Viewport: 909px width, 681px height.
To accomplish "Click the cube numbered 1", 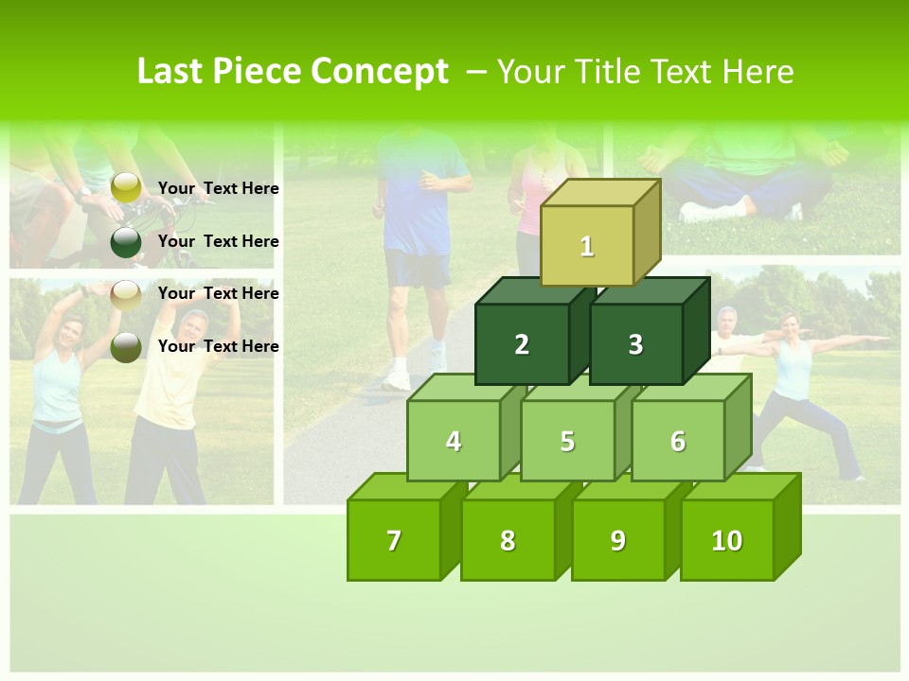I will (587, 246).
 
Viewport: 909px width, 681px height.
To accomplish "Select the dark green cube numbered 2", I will (522, 344).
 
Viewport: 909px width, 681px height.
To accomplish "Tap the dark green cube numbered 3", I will (635, 344).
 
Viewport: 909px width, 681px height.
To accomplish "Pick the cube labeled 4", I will (454, 441).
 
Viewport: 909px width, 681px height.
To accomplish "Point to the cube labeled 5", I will (567, 441).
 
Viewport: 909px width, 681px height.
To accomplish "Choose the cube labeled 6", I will (678, 441).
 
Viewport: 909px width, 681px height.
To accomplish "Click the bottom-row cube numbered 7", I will (394, 540).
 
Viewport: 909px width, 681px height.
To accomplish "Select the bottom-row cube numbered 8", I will (508, 540).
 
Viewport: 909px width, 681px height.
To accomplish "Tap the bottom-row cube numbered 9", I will (617, 540).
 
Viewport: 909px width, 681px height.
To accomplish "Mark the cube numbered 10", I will (726, 540).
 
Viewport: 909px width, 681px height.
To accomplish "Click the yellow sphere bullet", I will (126, 188).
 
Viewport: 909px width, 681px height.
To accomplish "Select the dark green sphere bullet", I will (126, 242).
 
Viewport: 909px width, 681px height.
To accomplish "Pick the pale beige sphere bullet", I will (126, 294).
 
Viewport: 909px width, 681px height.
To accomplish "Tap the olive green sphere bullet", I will (126, 347).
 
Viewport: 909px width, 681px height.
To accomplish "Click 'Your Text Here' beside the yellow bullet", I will (219, 188).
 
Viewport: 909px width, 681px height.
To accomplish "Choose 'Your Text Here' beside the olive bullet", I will (219, 346).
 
